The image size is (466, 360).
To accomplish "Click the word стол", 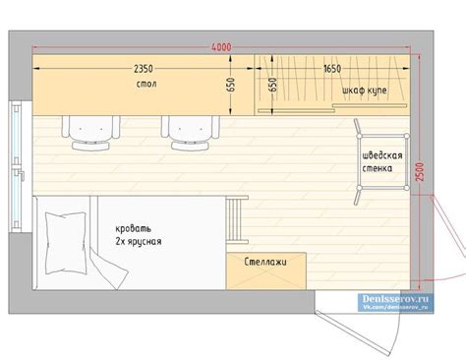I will pos(147,87).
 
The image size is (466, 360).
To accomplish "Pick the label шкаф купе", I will pos(363,90).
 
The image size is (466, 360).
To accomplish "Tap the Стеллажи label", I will pos(266,264).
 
